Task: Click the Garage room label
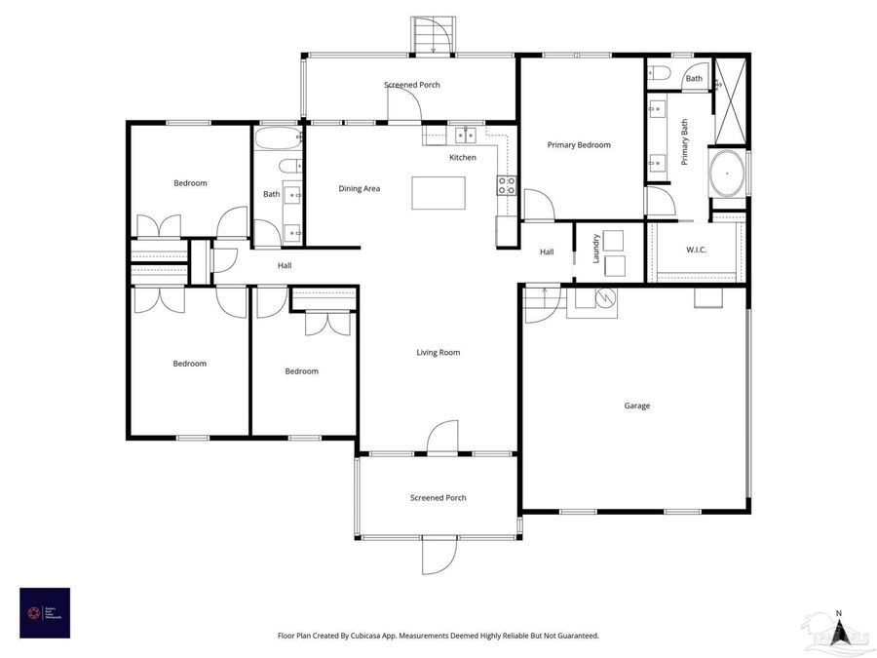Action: [636, 406]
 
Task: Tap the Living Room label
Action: [438, 353]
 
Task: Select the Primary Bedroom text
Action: [579, 145]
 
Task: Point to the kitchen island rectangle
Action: [438, 192]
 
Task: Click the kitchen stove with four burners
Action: [507, 185]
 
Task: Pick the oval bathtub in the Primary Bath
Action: [726, 174]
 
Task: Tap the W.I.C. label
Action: [696, 251]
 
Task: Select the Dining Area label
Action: [359, 188]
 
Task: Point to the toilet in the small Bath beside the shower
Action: [658, 73]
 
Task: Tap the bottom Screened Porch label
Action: [438, 498]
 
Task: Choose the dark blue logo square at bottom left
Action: [45, 612]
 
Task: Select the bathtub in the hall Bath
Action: [279, 138]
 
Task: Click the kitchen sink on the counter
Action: [465, 135]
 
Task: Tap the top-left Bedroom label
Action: [190, 183]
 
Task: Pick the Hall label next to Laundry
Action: [547, 252]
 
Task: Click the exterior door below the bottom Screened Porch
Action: [439, 556]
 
